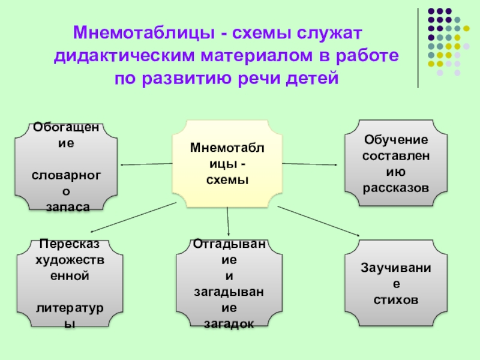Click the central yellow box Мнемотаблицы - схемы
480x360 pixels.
pyautogui.click(x=227, y=163)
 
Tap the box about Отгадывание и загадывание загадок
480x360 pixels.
pyautogui.click(x=230, y=283)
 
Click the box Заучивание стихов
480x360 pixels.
pyautogui.click(x=395, y=282)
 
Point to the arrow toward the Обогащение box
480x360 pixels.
pyautogui.click(x=147, y=164)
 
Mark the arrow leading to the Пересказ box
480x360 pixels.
pyautogui.click(x=132, y=218)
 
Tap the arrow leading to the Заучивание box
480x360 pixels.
pyautogui.click(x=318, y=221)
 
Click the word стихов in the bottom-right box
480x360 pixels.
pyautogui.click(x=395, y=299)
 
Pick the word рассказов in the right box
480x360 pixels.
pyautogui.click(x=395, y=188)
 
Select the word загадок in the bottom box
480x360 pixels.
pyautogui.click(x=230, y=323)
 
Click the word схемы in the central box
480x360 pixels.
pyautogui.click(x=227, y=180)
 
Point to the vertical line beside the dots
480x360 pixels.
pyautogui.click(x=418, y=48)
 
